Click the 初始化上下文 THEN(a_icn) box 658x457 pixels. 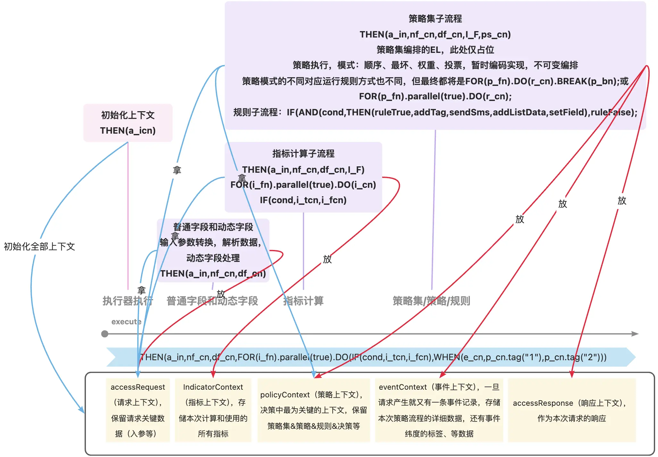[x=128, y=123]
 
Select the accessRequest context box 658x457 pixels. [x=138, y=410]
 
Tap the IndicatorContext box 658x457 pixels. [x=213, y=410]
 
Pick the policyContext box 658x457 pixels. [x=313, y=410]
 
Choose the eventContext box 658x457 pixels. [x=439, y=410]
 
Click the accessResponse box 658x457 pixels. [x=572, y=410]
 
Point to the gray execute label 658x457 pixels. [x=126, y=322]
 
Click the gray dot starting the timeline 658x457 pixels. [x=104, y=334]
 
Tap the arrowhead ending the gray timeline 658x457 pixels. [x=635, y=334]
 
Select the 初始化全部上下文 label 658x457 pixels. [x=39, y=246]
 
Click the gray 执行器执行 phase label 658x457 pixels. [x=128, y=301]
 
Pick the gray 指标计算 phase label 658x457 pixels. [x=304, y=301]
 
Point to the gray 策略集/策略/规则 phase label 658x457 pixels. [x=431, y=301]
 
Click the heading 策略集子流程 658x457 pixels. [x=435, y=19]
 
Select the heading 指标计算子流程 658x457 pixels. [x=303, y=154]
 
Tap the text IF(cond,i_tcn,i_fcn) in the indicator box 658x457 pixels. [x=303, y=200]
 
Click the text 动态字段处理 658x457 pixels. [x=213, y=258]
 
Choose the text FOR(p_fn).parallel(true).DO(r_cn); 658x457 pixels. [x=435, y=96]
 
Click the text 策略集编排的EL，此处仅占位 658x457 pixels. [x=435, y=50]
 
